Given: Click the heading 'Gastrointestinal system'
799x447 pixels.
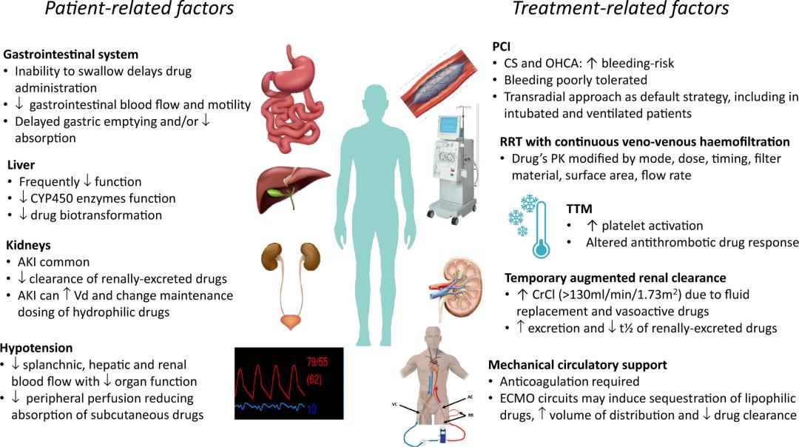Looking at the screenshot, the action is [71, 55].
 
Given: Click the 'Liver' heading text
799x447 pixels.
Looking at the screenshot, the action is [21, 165].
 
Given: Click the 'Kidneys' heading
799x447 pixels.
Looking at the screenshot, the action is [28, 245].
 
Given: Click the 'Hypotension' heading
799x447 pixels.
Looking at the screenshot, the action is [36, 348].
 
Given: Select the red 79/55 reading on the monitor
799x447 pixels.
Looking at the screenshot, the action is [317, 363].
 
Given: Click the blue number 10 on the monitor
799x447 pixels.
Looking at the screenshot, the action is [311, 409].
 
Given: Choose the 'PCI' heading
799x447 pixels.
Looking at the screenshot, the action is [502, 47].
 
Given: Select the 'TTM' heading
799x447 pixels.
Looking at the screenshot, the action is [579, 209].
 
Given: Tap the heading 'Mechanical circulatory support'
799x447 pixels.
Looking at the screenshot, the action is [577, 365].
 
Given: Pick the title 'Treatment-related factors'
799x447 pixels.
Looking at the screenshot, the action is [621, 9].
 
